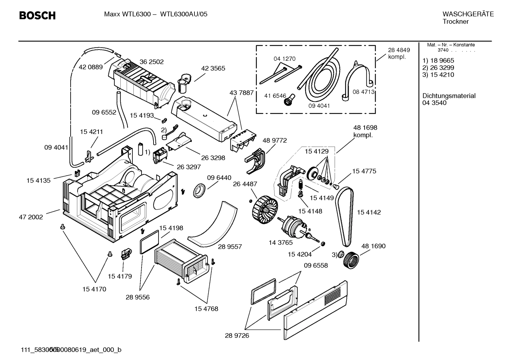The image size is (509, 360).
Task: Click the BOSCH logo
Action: [x=37, y=16]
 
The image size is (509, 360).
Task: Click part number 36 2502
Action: [x=151, y=62]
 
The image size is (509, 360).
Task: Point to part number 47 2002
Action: [x=31, y=217]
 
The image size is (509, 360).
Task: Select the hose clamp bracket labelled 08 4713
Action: [x=358, y=79]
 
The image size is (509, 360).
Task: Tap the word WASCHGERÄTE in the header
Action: [x=468, y=14]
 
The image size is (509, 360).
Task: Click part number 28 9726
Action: [x=237, y=336]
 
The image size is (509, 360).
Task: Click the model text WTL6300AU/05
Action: [x=184, y=14]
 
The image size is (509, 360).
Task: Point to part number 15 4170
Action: [x=94, y=289]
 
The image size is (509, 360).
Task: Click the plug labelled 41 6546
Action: [x=288, y=101]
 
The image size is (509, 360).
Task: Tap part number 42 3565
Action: [x=213, y=68]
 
